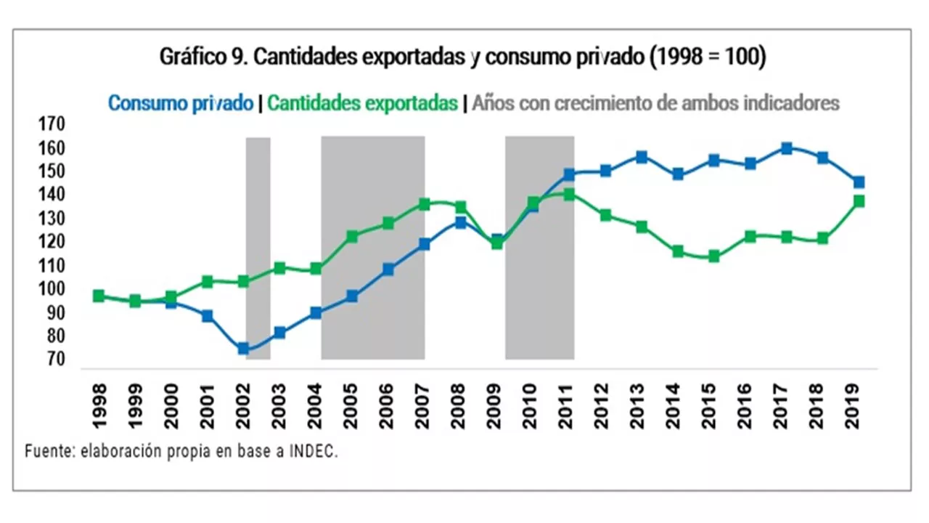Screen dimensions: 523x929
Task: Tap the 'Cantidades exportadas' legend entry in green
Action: point(362,103)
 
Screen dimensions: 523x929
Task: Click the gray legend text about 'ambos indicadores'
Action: point(655,103)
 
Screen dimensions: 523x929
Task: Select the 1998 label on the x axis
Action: point(99,405)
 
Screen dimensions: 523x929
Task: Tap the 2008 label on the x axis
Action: point(459,405)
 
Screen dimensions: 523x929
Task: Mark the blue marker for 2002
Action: point(243,349)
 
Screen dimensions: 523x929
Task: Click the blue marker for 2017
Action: point(786,148)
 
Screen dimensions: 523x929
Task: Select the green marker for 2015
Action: point(713,256)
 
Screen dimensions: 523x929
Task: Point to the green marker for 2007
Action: point(424,204)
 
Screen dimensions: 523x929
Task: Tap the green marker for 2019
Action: point(859,201)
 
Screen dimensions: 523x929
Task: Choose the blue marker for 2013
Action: point(641,157)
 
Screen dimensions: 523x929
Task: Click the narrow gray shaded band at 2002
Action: point(258,247)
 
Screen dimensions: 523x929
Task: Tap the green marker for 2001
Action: point(207,281)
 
